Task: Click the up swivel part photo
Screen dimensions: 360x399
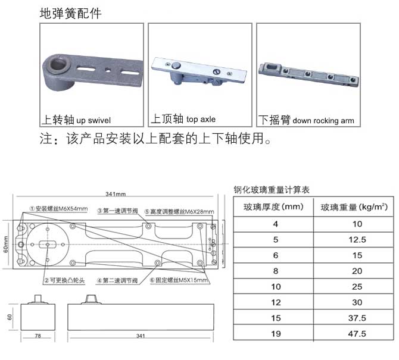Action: [92, 71]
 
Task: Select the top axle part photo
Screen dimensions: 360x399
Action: [200, 71]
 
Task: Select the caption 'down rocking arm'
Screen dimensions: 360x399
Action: [323, 121]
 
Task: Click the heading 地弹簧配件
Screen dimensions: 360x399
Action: [70, 12]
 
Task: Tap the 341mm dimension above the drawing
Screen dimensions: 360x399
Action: [116, 195]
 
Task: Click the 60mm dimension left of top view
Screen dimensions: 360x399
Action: [6, 244]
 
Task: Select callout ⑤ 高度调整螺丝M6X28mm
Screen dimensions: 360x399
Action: [179, 210]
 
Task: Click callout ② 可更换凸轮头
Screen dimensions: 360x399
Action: [65, 280]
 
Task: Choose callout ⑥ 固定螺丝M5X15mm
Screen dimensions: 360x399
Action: [179, 280]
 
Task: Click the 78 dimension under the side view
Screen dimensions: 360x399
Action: [38, 337]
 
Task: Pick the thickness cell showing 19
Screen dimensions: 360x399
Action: [275, 333]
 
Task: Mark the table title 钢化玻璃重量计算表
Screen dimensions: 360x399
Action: [272, 190]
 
